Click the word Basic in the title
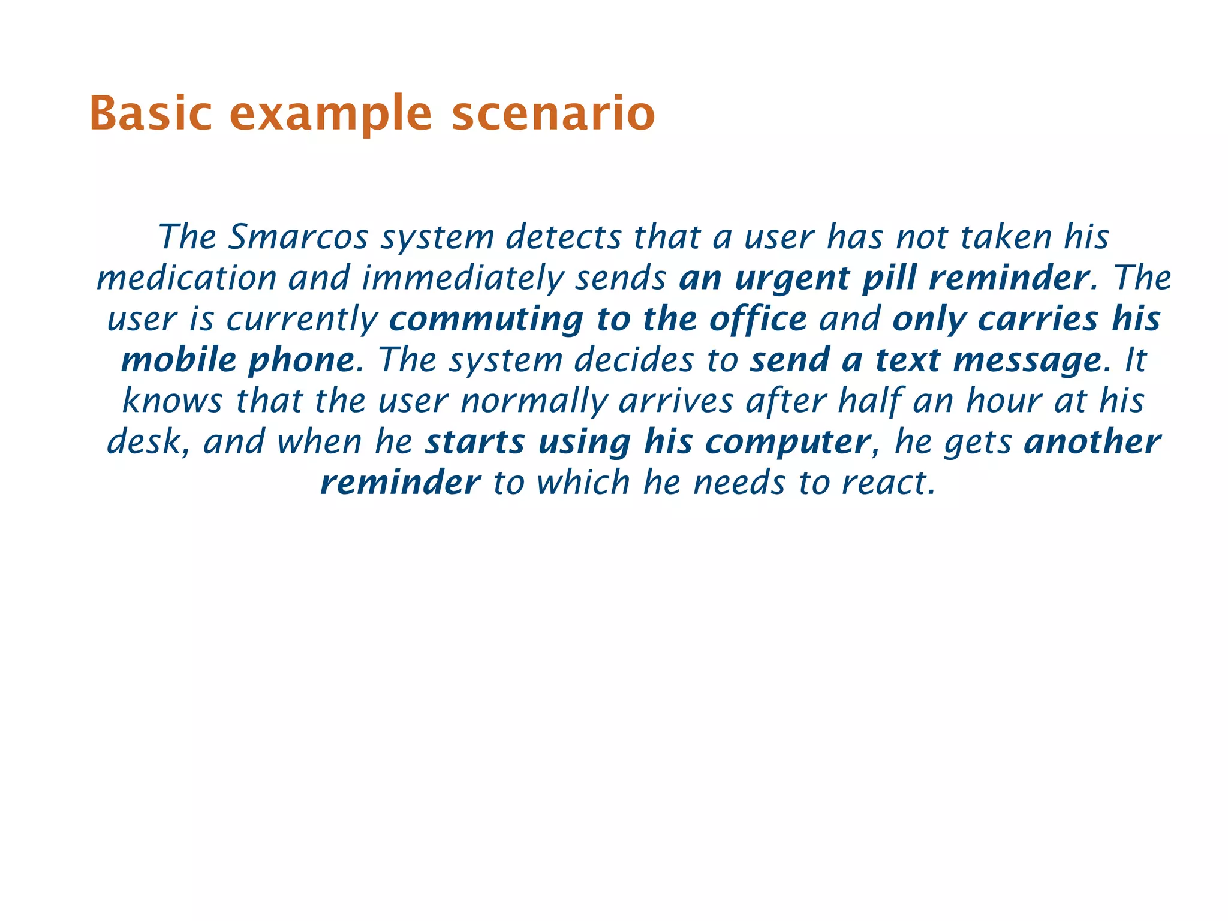tap(151, 113)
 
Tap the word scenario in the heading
tap(553, 113)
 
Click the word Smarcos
tap(298, 237)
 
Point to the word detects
tap(564, 237)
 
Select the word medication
tap(186, 278)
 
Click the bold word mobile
tap(179, 360)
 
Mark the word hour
tap(1004, 401)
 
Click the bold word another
tap(1092, 442)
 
